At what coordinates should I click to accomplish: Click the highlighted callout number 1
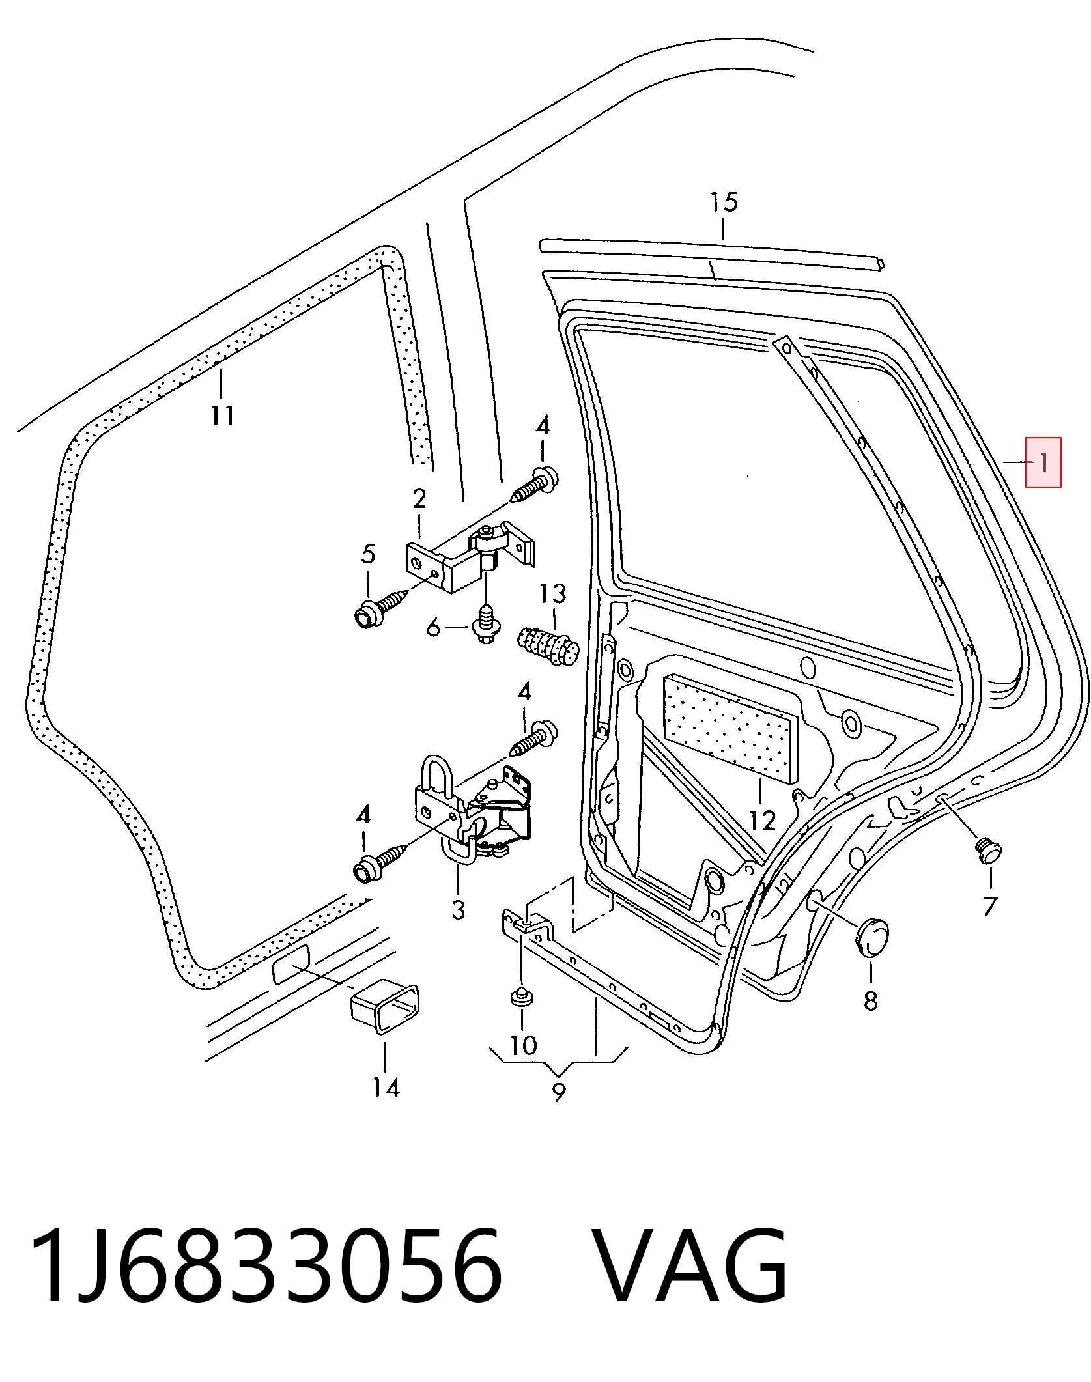pos(1043,462)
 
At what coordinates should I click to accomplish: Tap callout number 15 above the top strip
pos(724,202)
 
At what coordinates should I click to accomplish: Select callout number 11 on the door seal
pos(222,415)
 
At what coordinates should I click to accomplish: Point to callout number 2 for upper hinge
pos(419,499)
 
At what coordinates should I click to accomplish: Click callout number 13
pos(552,593)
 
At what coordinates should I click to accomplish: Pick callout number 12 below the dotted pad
pos(762,821)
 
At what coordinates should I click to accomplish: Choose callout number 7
pos(990,906)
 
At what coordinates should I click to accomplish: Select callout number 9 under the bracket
pos(559,1092)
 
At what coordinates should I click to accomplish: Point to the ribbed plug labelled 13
pos(548,645)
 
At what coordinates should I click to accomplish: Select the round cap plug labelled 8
pos(871,937)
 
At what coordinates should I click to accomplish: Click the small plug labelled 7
pos(989,851)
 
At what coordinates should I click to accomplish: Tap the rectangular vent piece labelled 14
pos(385,1009)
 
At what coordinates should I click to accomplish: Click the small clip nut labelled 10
pos(520,1015)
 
